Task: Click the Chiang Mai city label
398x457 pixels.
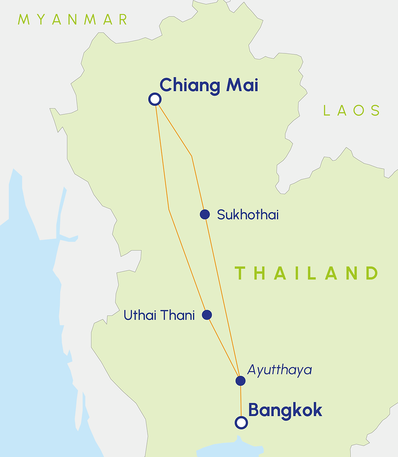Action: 209,86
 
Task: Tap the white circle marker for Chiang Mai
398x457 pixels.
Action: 155,99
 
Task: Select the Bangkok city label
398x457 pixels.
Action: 285,410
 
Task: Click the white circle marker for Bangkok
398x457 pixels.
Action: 241,423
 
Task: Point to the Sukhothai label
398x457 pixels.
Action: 248,215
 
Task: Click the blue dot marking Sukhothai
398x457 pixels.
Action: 205,215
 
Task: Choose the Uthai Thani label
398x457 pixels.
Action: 159,315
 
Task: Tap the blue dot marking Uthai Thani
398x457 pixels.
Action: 207,315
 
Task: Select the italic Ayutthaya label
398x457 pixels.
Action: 279,370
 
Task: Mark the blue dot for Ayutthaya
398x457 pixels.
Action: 240,381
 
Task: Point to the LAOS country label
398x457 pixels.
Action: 352,110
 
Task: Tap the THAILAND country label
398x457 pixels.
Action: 307,273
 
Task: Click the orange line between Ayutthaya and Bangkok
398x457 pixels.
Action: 241,401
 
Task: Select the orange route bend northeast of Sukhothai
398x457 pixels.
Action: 192,156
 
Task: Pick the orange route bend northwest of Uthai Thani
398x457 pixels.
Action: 169,210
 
